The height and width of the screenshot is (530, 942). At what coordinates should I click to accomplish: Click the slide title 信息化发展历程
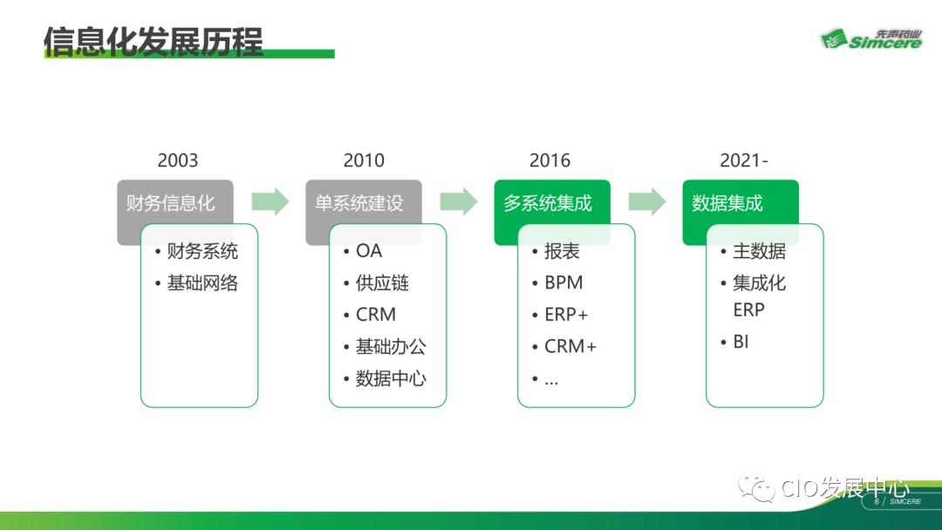[154, 40]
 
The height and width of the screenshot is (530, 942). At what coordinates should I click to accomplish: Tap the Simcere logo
[870, 39]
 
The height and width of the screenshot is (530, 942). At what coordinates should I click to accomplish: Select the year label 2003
[178, 160]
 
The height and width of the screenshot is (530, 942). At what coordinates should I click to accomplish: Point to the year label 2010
[364, 160]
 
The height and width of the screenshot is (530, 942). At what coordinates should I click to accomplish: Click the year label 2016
[549, 160]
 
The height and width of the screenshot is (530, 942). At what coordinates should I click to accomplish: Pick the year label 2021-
[744, 160]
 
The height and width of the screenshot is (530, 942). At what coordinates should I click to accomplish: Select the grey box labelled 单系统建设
[359, 203]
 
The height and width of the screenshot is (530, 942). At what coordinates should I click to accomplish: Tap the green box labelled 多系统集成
[548, 203]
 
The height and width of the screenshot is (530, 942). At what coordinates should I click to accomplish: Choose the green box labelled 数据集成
[727, 203]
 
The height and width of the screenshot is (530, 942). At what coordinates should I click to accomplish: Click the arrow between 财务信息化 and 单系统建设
[270, 202]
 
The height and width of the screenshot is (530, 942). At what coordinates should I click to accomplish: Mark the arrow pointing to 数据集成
[647, 202]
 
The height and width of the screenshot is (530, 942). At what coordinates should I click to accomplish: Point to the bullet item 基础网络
[202, 283]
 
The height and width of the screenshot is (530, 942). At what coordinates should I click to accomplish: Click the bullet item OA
[369, 251]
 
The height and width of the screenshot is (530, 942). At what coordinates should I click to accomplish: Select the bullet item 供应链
[382, 283]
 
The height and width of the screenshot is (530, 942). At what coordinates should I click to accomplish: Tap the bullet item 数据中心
[391, 378]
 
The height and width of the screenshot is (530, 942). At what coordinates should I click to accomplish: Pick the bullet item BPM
[563, 283]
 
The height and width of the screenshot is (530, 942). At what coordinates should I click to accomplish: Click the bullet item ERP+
[566, 315]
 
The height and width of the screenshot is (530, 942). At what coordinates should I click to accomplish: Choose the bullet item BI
[741, 342]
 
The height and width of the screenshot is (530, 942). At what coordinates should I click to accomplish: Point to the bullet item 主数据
[759, 251]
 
